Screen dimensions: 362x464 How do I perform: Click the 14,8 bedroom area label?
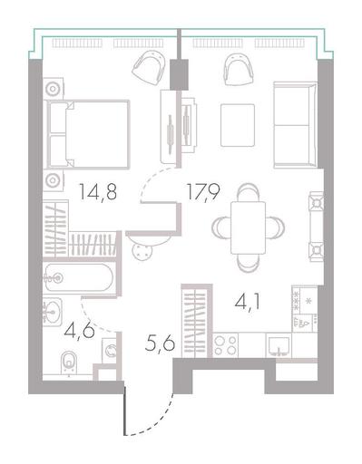tap(98, 192)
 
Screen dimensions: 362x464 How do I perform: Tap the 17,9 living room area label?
tap(203, 192)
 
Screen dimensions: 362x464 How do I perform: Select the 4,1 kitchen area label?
tap(247, 303)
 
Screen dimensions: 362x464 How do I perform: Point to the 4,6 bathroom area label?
tap(80, 331)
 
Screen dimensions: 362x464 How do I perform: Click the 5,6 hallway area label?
tap(160, 343)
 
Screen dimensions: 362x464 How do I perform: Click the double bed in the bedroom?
tap(88, 134)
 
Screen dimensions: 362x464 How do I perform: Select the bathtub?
tap(79, 278)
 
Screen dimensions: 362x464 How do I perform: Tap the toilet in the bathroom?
tap(69, 363)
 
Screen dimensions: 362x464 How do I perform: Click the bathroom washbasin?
tap(53, 312)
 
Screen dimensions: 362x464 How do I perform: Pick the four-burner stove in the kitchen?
tap(225, 344)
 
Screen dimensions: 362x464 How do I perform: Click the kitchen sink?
tap(279, 345)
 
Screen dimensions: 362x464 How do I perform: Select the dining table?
tap(248, 227)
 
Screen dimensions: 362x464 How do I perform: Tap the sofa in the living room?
tap(295, 124)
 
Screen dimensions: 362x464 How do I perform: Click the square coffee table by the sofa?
tap(238, 125)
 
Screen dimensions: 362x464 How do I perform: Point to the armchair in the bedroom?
tap(149, 68)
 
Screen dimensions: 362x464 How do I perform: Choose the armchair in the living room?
tap(239, 70)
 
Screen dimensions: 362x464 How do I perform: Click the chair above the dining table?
tap(248, 191)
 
